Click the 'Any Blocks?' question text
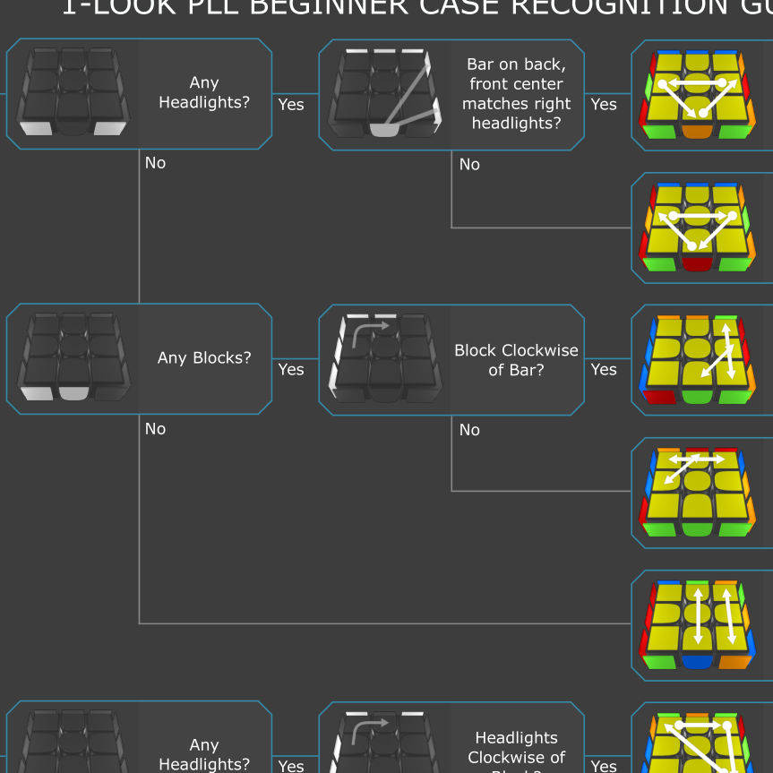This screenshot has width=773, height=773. coord(204,358)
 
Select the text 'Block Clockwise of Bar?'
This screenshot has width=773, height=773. coord(516,359)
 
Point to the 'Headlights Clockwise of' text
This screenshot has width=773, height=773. coord(516,747)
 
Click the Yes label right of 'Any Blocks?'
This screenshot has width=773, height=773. coord(291,369)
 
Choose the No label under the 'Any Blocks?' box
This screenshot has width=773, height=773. coord(156,429)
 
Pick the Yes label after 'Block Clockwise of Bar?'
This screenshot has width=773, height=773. coord(604,369)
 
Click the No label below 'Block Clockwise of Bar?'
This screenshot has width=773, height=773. coord(469,430)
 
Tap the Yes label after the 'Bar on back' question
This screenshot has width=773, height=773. coord(604,104)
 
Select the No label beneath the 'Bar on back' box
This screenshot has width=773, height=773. coord(469,165)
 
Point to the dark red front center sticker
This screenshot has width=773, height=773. coord(695,263)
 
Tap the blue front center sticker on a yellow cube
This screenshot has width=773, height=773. coord(697,662)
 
